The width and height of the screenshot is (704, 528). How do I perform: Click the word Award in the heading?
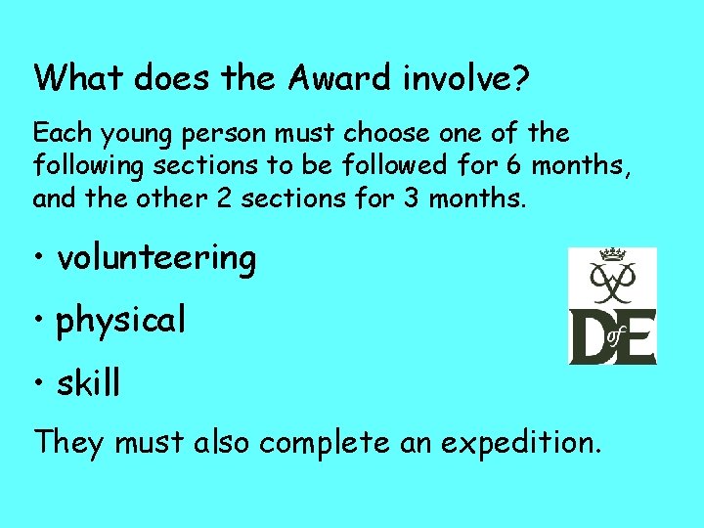tap(337, 78)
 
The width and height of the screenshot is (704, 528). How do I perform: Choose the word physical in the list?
tap(121, 321)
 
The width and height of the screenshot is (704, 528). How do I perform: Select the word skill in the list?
tap(89, 383)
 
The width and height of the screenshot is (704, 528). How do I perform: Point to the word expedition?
tap(517, 444)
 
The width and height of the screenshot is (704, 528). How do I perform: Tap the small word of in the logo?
tap(615, 336)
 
